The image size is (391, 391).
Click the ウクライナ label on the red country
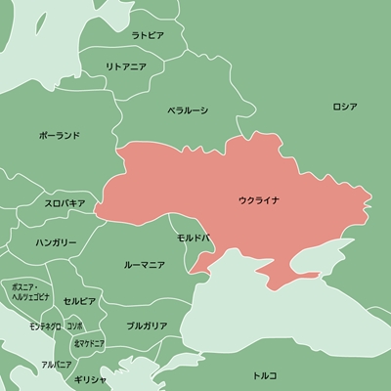click(258, 200)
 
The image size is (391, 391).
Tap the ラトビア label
click(149, 34)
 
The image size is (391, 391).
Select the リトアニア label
click(127, 66)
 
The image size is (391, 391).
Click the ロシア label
click(345, 106)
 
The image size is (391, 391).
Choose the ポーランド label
click(60, 135)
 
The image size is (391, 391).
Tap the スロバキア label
click(65, 203)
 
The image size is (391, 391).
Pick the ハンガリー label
click(56, 240)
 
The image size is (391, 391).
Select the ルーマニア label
click(144, 264)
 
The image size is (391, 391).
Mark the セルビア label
click(79, 300)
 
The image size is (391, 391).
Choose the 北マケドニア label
click(89, 343)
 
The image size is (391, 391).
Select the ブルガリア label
click(146, 324)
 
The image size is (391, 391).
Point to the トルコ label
click(265, 374)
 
